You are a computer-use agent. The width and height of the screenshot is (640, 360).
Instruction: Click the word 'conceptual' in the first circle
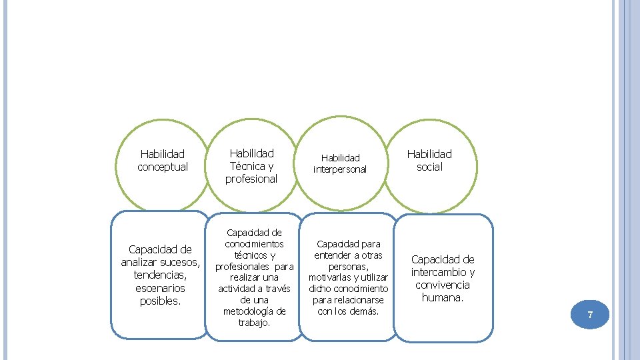163,167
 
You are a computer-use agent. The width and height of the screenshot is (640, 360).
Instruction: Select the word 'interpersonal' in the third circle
340,169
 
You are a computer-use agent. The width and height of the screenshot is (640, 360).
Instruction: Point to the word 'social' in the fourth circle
429,167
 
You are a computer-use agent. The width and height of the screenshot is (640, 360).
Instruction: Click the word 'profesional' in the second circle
251,179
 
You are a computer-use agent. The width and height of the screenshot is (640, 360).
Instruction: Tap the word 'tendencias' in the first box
159,275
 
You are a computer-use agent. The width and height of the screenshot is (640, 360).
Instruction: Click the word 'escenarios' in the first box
160,288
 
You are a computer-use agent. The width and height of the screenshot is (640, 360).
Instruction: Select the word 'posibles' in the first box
159,301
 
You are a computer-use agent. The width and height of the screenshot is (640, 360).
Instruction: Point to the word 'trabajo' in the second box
254,323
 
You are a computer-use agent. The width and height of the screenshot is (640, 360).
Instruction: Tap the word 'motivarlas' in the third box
330,277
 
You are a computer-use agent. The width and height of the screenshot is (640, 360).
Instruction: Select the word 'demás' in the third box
364,311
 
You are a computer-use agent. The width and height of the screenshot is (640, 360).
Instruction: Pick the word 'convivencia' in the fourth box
443,285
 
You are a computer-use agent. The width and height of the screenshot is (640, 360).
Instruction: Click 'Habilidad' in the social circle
429,154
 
